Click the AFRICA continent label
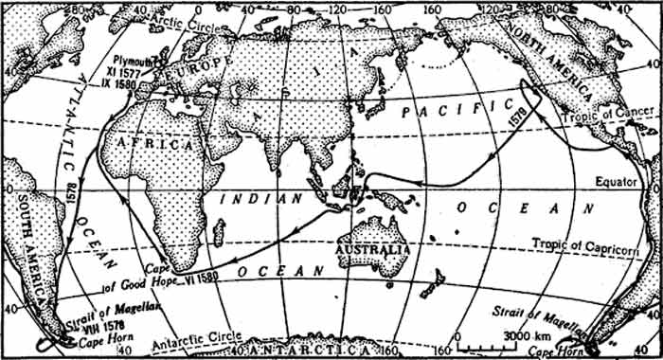149,143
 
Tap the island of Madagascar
220,231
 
